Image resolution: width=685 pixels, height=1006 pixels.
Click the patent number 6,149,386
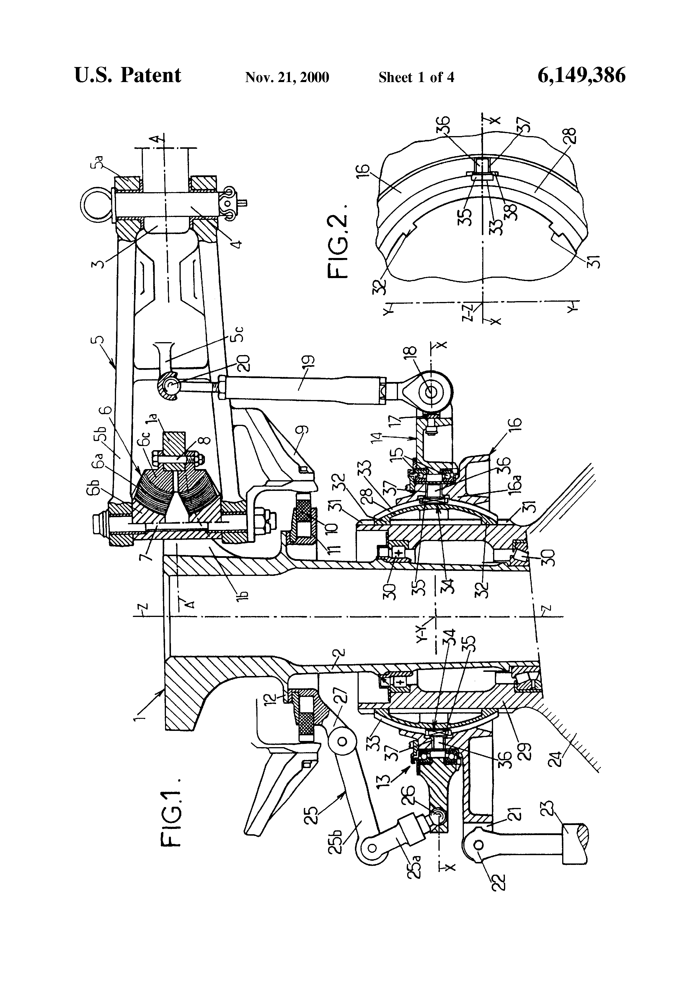[x=581, y=75]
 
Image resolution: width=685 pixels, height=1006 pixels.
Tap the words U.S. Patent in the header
[x=128, y=75]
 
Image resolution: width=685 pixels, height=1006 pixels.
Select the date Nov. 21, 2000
[x=287, y=77]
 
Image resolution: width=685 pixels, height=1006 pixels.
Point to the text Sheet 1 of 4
[x=416, y=77]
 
